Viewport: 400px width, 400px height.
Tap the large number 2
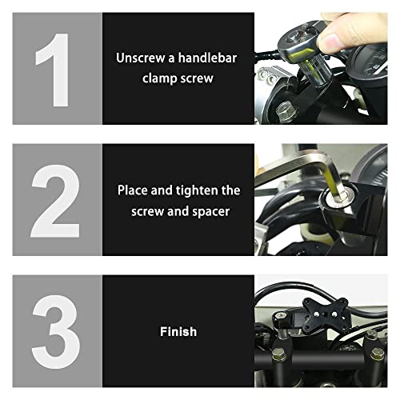(56, 200)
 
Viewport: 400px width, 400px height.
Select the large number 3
(56, 330)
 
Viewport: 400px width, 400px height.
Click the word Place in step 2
(133, 190)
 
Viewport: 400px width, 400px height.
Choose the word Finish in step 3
(178, 330)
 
